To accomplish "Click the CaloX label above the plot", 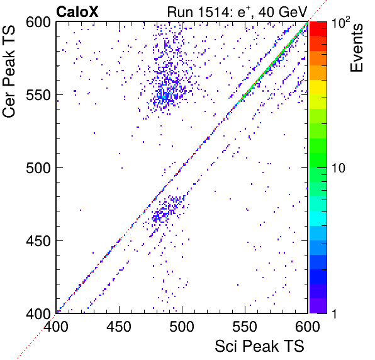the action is (77, 12).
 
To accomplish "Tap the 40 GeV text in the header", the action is (283, 12).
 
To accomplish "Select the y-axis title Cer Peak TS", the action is (9, 71).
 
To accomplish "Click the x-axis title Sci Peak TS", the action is (259, 346).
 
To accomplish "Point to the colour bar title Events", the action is (356, 48).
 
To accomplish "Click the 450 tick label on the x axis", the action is (119, 327).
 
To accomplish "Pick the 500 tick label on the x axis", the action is (182, 327).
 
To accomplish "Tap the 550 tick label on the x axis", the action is (245, 327).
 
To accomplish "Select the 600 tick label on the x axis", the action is (307, 327).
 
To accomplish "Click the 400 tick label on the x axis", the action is (56, 327).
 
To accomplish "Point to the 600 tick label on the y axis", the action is (38, 23).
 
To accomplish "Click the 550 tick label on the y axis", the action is (38, 96).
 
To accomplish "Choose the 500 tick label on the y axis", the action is (38, 168).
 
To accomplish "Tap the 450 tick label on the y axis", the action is (38, 241).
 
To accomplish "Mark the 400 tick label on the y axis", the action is (38, 313).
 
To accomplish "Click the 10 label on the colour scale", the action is (339, 168).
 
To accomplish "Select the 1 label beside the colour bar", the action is (334, 313).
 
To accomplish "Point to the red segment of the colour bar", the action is (318, 29).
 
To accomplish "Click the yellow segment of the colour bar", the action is (318, 87).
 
